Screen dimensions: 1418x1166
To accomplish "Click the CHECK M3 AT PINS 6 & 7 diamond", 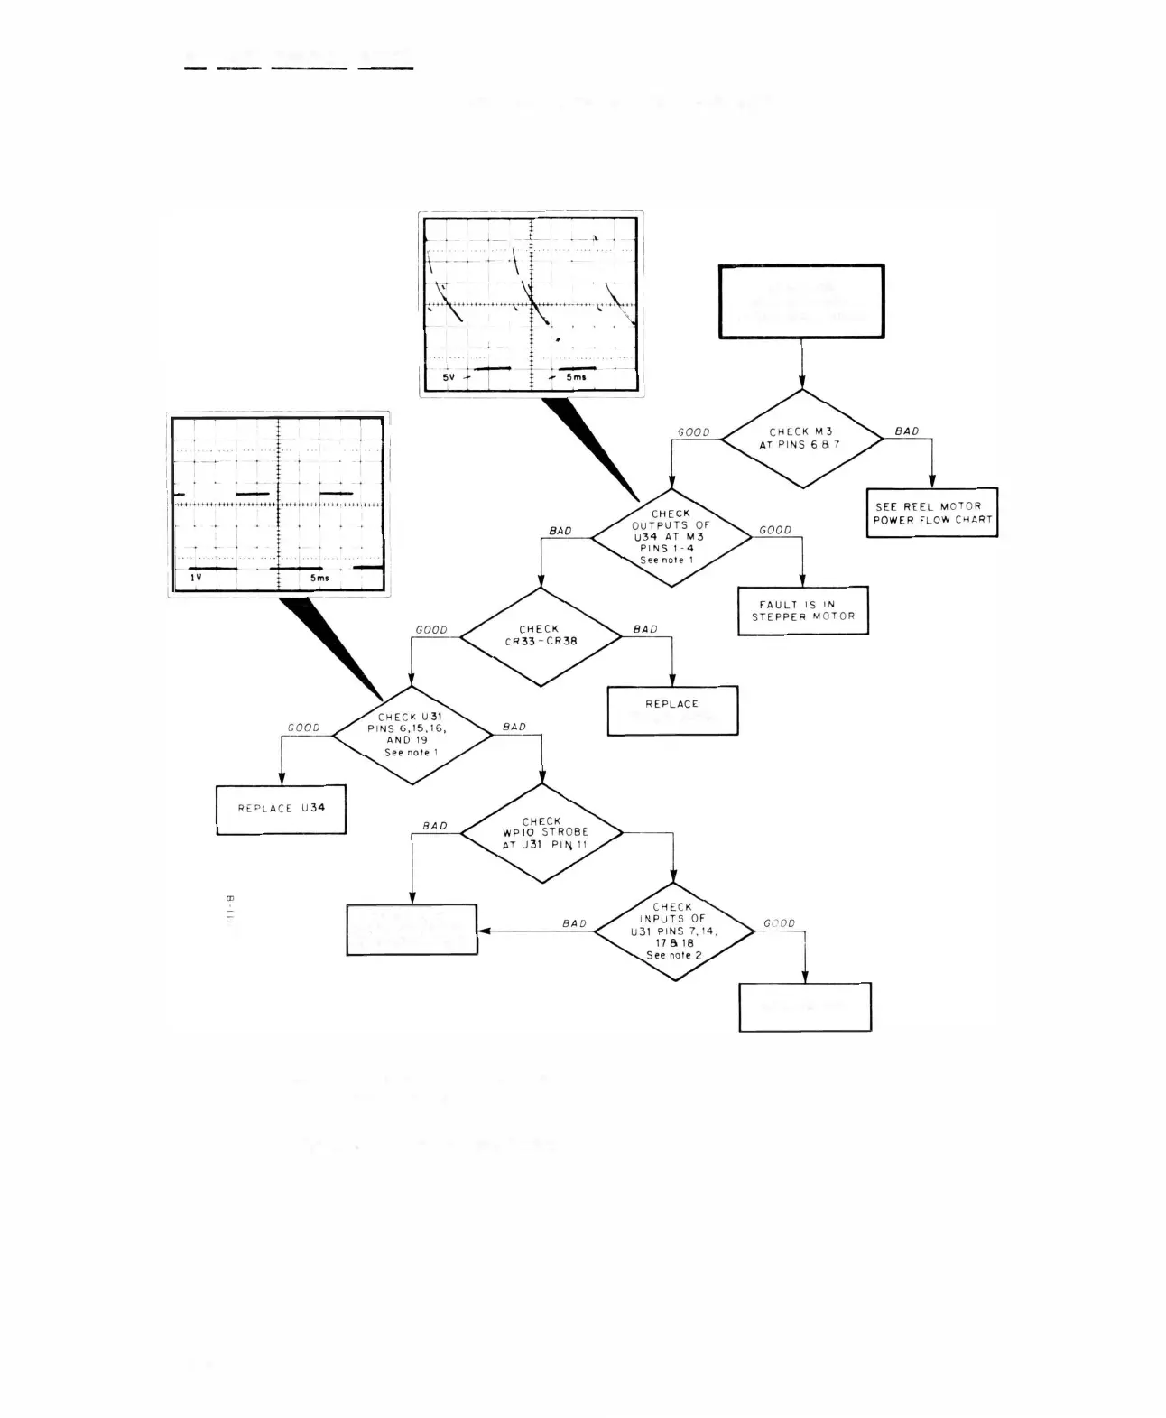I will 802,439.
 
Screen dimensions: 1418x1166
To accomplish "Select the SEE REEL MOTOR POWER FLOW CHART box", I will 932,513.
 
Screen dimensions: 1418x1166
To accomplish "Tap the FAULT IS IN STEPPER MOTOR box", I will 803,611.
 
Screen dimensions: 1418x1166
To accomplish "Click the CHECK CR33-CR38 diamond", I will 541,635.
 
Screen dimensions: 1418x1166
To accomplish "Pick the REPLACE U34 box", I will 281,809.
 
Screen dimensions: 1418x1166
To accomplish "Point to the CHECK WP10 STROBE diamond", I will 542,833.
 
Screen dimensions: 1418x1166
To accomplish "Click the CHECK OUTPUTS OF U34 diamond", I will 671,537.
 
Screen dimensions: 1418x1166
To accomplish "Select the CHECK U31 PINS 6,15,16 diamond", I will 412,734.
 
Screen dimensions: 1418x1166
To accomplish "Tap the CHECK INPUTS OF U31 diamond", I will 674,931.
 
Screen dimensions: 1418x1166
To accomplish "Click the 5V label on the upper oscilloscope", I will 449,377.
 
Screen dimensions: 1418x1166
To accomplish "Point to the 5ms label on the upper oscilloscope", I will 576,377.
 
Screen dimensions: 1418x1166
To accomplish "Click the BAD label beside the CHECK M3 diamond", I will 907,431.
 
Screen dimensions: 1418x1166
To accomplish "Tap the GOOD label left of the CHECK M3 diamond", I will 694,432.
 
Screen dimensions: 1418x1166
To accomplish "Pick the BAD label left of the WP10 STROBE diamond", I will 435,826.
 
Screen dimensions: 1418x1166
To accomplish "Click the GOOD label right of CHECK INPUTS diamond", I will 780,923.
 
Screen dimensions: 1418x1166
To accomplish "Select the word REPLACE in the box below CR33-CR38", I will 671,704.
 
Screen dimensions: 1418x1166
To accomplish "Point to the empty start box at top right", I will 801,301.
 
